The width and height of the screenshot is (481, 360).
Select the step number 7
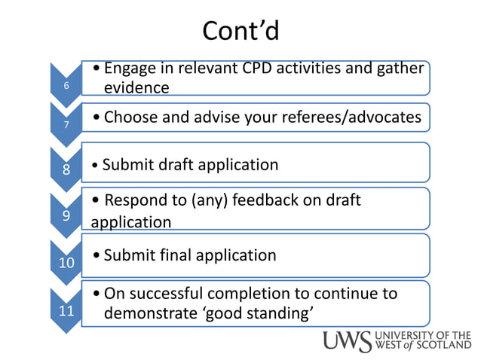tap(66, 125)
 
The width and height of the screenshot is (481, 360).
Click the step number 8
tap(66, 170)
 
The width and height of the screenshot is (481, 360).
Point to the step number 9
tap(66, 215)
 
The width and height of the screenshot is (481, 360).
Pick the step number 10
tap(66, 263)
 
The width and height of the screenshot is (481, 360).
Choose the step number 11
tap(66, 309)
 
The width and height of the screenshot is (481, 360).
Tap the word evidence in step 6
tap(136, 87)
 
